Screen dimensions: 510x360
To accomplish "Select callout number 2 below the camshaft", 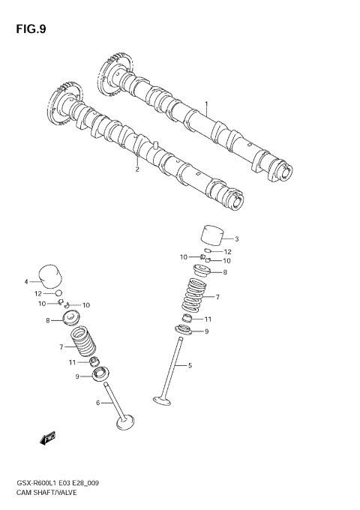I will click(137, 169).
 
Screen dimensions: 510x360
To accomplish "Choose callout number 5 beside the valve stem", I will click(190, 366).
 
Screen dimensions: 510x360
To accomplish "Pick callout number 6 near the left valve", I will click(98, 403).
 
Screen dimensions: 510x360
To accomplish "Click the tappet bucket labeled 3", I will click(213, 234).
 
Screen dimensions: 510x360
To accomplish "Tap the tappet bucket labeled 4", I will click(49, 275).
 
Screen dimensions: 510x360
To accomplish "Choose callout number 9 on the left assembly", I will click(76, 376).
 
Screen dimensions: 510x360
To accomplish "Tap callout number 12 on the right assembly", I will click(228, 252).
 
